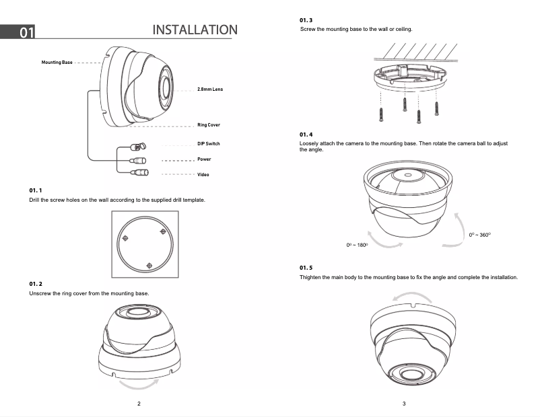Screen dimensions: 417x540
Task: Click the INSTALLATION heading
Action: tap(195, 30)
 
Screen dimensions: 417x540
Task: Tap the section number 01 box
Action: tap(26, 32)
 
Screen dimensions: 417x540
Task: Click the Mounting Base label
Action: tap(57, 62)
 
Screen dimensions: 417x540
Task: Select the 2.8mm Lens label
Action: tap(209, 89)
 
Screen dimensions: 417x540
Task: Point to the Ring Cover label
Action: tap(208, 125)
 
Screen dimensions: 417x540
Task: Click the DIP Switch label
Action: tap(208, 144)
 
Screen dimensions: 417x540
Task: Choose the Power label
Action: tap(204, 159)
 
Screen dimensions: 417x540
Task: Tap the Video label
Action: tap(203, 175)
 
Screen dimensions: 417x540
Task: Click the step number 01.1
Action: tap(36, 191)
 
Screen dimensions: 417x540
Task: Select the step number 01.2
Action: tap(36, 285)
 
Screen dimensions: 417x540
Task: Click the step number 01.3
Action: tap(306, 21)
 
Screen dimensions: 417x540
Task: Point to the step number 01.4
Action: tap(306, 135)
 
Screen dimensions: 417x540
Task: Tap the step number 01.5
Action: tap(306, 268)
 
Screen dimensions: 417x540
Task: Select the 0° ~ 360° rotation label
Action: tap(480, 235)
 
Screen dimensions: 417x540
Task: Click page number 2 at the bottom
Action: tap(138, 404)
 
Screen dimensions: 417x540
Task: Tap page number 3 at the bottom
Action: tap(403, 404)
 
